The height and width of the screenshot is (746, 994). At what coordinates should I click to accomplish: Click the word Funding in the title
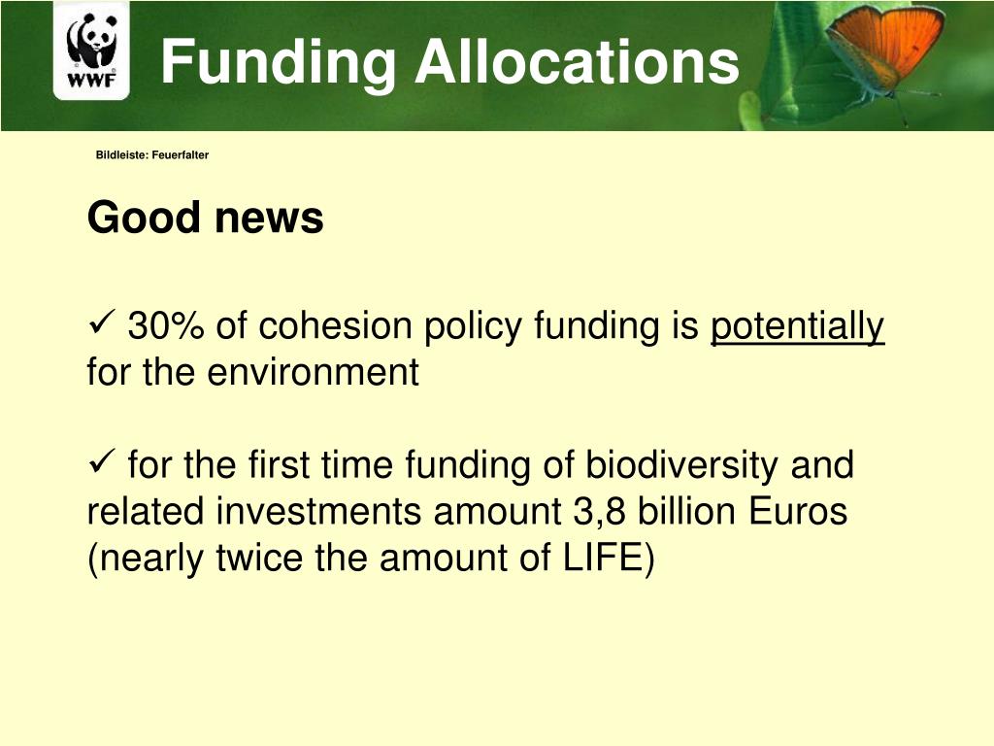pos(278,62)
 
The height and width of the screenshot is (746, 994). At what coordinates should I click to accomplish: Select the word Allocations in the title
pos(577,62)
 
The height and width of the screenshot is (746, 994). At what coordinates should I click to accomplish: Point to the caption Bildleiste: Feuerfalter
pos(152,155)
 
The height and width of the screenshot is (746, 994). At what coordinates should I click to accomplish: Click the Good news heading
pos(205,218)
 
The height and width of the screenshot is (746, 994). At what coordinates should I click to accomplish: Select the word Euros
pos(799,512)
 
